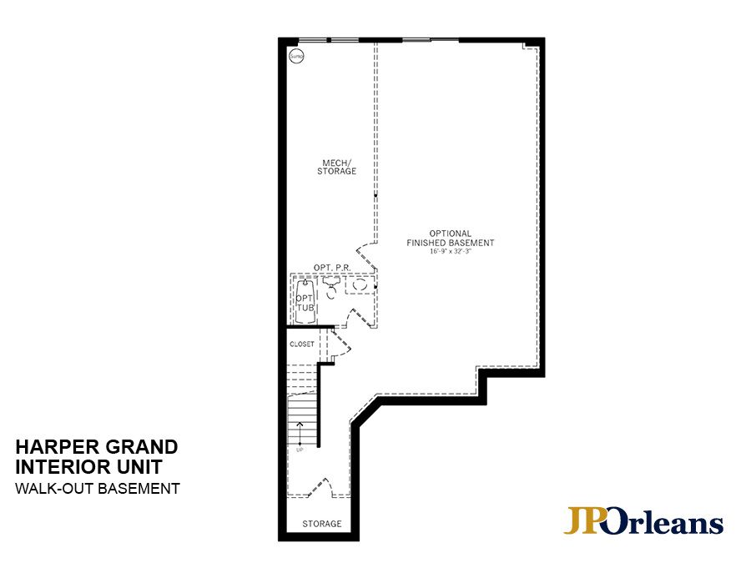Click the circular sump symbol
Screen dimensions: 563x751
(295, 56)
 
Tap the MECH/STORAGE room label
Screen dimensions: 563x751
(336, 167)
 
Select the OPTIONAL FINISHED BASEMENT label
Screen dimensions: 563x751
(451, 238)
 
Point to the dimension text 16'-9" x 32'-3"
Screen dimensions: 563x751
(451, 251)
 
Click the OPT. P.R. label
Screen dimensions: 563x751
(331, 267)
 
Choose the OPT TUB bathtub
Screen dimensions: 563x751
(305, 303)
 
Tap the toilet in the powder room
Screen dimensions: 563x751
(330, 289)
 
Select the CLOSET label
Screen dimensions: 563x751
(302, 344)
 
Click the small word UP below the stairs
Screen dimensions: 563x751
(300, 450)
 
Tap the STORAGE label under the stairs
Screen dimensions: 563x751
(322, 524)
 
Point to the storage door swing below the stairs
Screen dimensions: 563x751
(320, 489)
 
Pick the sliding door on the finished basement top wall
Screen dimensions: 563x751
(431, 39)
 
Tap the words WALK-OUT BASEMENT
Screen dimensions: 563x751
(97, 489)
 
